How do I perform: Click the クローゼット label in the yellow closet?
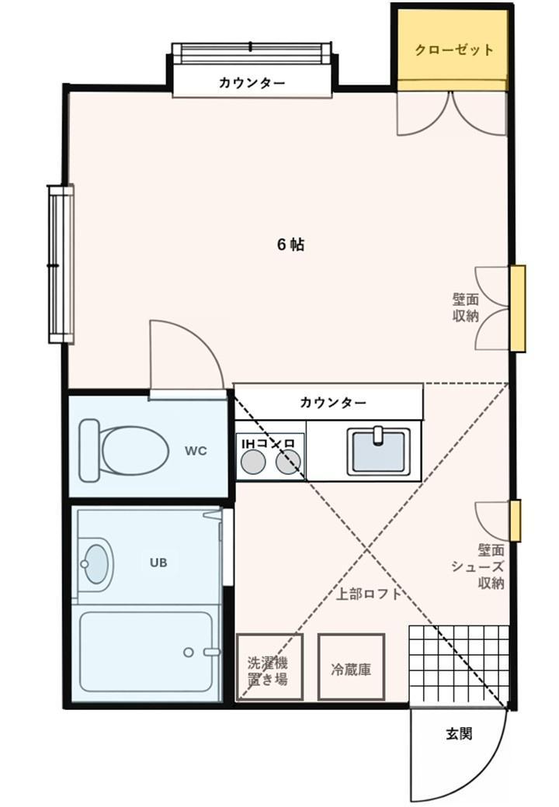[454, 50]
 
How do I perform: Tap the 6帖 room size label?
[290, 244]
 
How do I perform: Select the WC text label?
[196, 451]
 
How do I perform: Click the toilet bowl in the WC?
[134, 450]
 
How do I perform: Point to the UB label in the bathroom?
[158, 563]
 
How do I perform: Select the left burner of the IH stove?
[252, 463]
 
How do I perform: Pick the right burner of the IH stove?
[287, 463]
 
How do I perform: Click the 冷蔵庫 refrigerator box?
[351, 667]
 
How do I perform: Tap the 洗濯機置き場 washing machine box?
[269, 667]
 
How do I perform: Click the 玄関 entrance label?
[459, 733]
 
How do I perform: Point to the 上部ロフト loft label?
[369, 595]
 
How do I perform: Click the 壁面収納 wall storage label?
[466, 307]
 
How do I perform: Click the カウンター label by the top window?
[252, 83]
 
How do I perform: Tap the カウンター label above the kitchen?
[333, 403]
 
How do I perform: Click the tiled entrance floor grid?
[458, 663]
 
